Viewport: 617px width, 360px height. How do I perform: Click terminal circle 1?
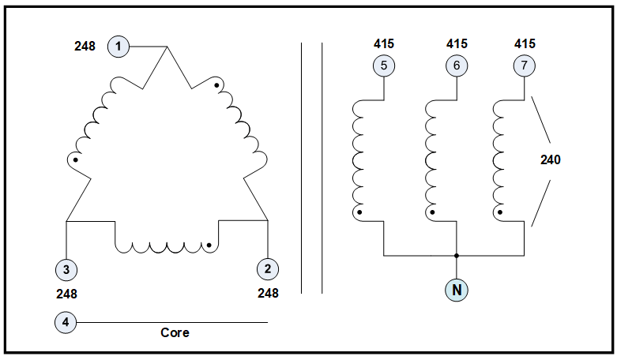[x=118, y=47]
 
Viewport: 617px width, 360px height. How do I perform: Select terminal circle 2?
[x=268, y=268]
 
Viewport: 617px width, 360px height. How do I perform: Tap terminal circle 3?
[x=66, y=269]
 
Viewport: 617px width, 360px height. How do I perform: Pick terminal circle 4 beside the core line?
[x=66, y=322]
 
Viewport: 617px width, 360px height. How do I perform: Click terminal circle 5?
[x=383, y=66]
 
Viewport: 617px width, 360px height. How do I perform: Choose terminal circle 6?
[x=457, y=66]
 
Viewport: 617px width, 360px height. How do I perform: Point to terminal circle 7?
[x=524, y=66]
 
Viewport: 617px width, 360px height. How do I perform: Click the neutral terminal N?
[x=456, y=291]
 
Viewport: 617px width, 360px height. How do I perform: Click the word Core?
[x=175, y=333]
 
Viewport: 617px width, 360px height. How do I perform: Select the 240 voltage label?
[x=551, y=159]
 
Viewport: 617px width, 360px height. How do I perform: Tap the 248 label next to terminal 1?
[x=85, y=47]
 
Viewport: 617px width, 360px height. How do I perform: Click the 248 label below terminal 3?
[x=67, y=294]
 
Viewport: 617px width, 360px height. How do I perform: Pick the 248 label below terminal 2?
[x=269, y=294]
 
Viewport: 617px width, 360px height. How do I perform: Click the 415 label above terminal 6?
[x=457, y=43]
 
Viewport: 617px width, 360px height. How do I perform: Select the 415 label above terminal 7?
[x=524, y=43]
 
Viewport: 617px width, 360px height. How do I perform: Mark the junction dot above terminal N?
[x=456, y=256]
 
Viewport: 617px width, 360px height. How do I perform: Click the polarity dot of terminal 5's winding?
[x=359, y=212]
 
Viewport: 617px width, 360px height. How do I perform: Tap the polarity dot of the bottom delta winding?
[x=209, y=245]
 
